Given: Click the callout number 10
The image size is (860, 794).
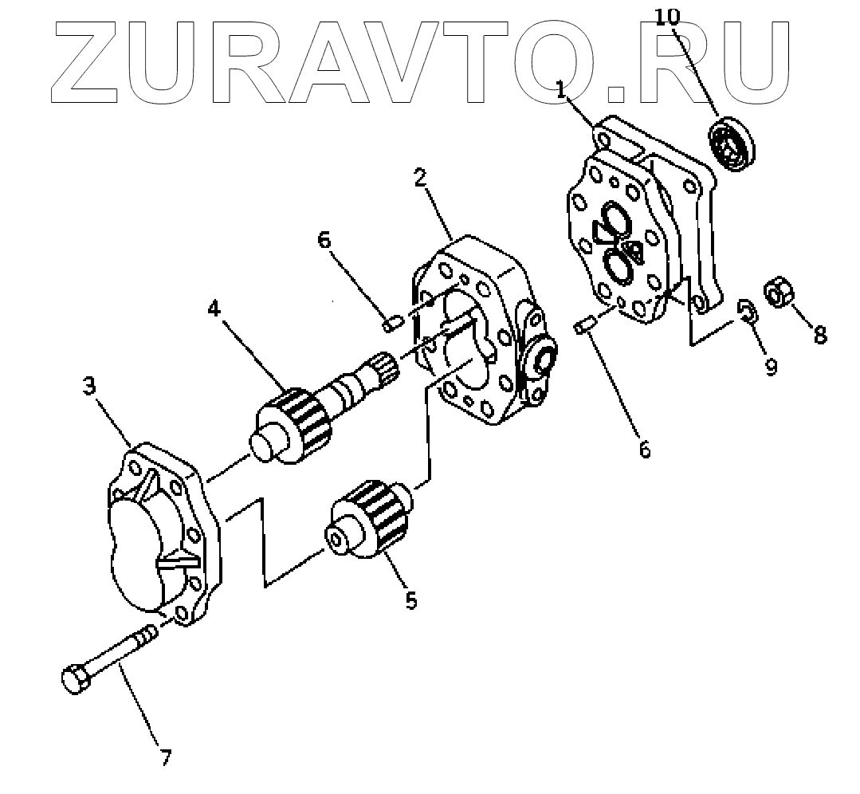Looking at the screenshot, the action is [x=668, y=17].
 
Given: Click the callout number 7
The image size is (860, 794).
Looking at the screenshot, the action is [x=166, y=757].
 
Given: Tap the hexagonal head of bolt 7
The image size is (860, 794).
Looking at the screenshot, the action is [x=74, y=679].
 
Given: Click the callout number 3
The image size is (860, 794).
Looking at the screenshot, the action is [x=90, y=387].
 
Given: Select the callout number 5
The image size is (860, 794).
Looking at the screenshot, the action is [x=410, y=599].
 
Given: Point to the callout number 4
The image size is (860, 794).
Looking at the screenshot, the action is [x=214, y=309].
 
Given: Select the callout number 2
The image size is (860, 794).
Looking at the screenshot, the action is [x=419, y=177].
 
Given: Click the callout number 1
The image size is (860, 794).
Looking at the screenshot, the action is [x=561, y=90].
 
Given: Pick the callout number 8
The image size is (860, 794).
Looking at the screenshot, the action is [x=819, y=335].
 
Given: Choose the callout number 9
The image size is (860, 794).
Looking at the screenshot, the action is [x=771, y=368].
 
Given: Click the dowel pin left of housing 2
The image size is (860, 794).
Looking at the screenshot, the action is [x=391, y=324].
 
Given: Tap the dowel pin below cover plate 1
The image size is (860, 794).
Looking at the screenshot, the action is [x=583, y=325].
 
